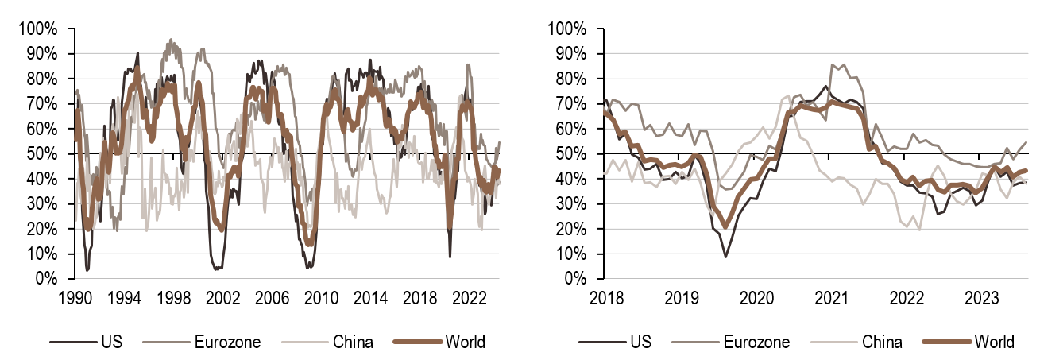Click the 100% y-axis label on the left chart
[40, 29]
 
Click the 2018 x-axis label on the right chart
[606, 296]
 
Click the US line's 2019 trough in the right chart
[725, 256]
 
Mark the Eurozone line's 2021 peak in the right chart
[833, 64]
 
